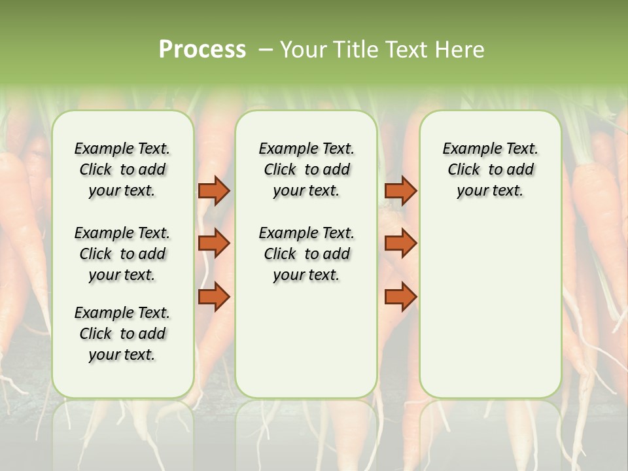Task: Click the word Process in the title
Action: coord(202,50)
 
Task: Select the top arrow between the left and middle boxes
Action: coord(214,190)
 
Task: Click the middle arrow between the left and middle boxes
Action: coord(214,243)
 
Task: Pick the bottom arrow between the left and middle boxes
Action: coord(214,298)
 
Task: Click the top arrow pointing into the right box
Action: coord(400,190)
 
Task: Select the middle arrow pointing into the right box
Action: coord(400,243)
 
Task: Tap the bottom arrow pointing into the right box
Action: coord(400,298)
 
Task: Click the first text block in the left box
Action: coord(122,169)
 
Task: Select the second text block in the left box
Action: coord(122,254)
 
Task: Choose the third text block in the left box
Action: coord(122,334)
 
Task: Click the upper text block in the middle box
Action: coord(306,169)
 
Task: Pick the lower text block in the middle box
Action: coord(306,254)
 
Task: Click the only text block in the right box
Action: coord(490,169)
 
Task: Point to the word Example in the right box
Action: coord(466,149)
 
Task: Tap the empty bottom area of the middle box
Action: coord(306,347)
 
